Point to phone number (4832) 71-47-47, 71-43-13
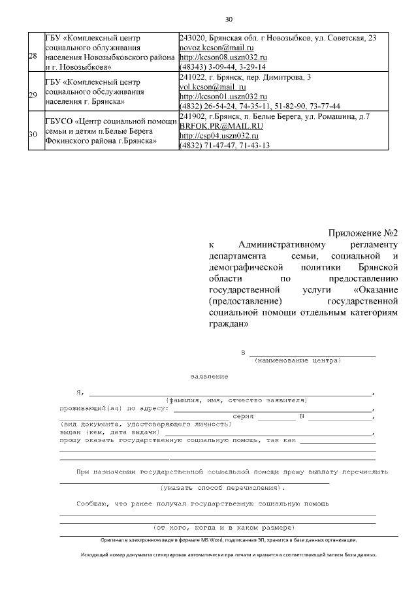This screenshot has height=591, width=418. pos(224,145)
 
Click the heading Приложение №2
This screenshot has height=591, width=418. pos(362,233)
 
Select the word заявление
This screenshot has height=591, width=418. pos(209,377)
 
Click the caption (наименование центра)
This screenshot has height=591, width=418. pos(297,360)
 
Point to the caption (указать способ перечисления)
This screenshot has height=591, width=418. pos(222,487)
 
